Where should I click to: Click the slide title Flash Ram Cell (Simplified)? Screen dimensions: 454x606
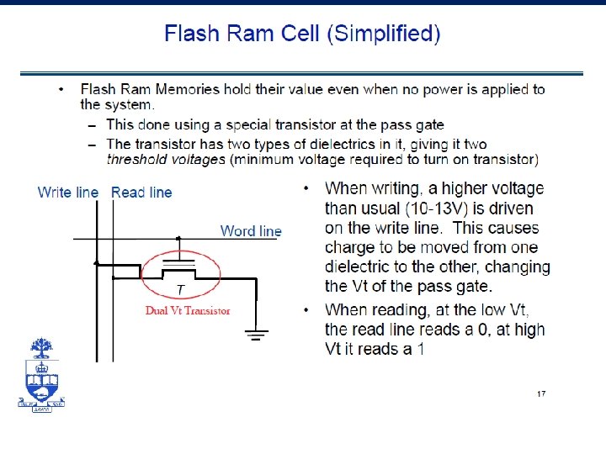click(302, 34)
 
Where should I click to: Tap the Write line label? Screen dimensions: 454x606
click(68, 193)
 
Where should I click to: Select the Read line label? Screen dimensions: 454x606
click(141, 193)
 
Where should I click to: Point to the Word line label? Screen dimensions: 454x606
click(251, 230)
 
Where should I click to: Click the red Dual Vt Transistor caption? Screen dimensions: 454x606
click(188, 310)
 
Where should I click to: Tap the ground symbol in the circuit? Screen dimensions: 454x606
click(257, 334)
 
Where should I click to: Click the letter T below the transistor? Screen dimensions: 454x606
click(180, 290)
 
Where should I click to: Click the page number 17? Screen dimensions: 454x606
click(542, 393)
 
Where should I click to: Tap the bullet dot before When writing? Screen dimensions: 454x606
click(307, 187)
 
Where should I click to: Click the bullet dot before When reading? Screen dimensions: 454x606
click(307, 309)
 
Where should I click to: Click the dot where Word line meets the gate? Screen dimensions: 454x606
click(178, 239)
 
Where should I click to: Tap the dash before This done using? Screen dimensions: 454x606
click(91, 124)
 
